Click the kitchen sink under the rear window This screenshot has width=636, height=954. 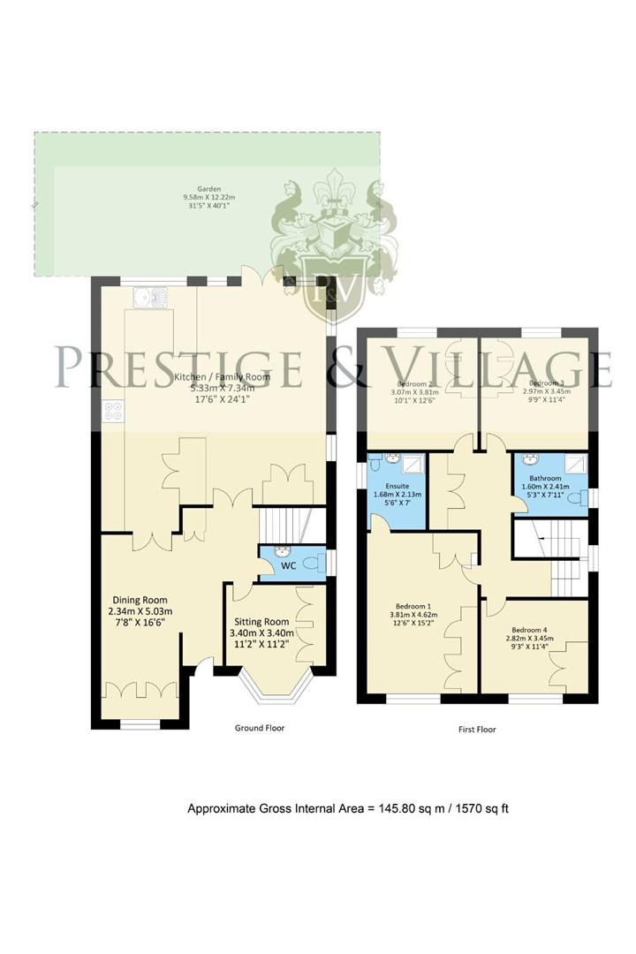pos(147,299)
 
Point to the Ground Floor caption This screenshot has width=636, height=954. pos(259,729)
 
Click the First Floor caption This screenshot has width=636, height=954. pos(477,730)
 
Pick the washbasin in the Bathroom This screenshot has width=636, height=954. pos(532,459)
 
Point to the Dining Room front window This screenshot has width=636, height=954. pos(140,725)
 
